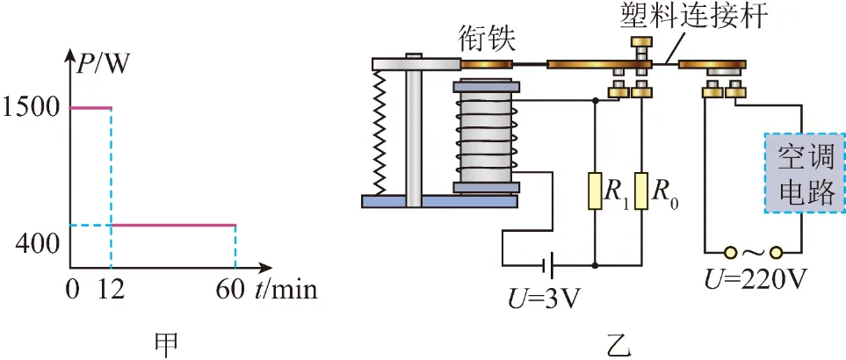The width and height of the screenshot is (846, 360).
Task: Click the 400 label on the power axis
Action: point(37,245)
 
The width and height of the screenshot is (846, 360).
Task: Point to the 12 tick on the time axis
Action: point(111,291)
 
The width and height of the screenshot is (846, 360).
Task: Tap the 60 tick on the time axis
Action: point(230,291)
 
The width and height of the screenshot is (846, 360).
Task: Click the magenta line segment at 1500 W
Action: point(90,108)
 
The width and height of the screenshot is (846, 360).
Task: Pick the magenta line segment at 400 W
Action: point(174,225)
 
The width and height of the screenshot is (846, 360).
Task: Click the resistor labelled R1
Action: point(595,191)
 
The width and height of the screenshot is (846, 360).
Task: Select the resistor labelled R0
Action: point(641,191)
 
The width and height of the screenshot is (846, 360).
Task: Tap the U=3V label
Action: point(543,299)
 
